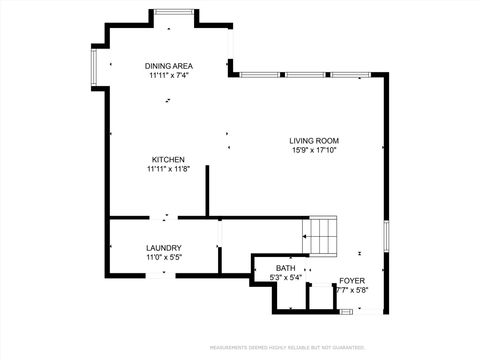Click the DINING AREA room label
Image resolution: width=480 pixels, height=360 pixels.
pos(168,65)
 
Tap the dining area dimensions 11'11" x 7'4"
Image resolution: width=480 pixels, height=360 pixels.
pos(168,75)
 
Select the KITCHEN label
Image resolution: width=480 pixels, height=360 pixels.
pos(168,159)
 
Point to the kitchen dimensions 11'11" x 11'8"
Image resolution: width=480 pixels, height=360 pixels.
pos(168,169)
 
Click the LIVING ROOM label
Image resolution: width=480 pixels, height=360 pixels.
pos(314,141)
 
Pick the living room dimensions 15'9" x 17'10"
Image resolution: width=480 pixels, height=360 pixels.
pos(314,151)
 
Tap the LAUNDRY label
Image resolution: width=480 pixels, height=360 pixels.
pos(163,248)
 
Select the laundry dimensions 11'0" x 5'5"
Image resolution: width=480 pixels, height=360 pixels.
pos(163,258)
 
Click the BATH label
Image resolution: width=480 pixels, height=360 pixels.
pos(286,268)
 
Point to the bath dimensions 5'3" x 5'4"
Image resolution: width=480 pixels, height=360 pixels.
pos(286,278)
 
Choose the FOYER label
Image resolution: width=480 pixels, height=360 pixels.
pos(352,281)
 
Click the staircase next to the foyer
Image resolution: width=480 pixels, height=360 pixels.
pos(323,236)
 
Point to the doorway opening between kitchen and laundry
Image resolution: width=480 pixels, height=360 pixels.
pos(164,217)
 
